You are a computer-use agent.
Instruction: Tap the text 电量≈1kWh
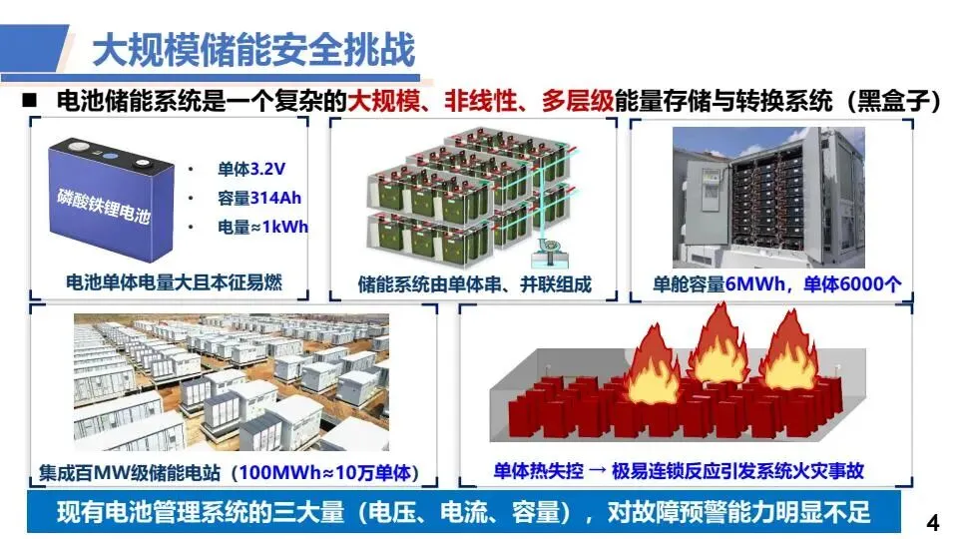coord(262,227)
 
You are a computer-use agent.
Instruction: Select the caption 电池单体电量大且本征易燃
coord(173,282)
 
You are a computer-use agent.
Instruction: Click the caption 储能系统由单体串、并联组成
coord(474,283)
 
